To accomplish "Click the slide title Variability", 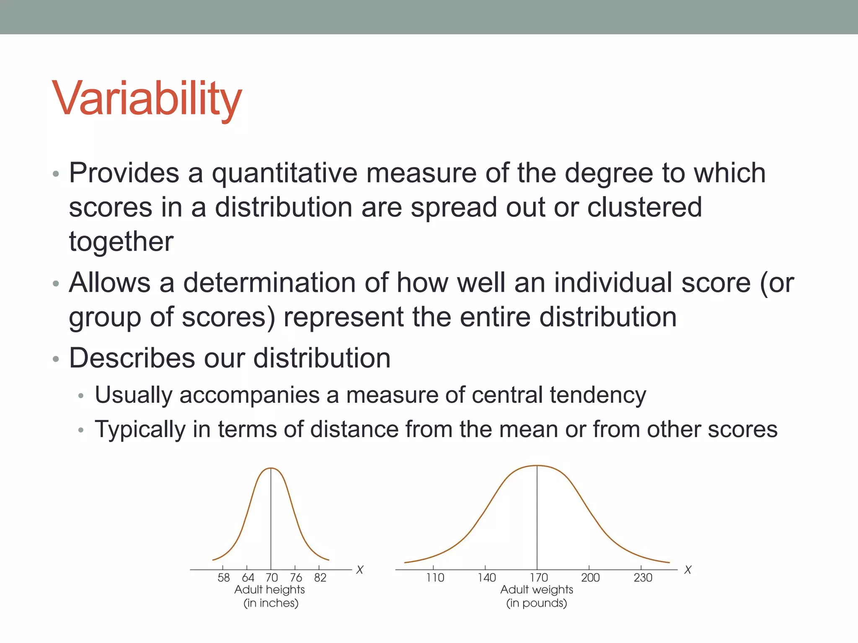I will click(147, 99).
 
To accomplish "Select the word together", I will click(121, 242).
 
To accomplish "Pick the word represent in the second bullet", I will click(344, 317).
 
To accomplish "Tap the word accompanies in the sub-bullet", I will click(250, 395).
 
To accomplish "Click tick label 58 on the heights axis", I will click(223, 578).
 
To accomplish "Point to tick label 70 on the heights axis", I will click(271, 578).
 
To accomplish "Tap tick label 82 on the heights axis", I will click(320, 578).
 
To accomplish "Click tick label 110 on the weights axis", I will click(435, 578).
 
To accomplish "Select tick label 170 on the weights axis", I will click(538, 578).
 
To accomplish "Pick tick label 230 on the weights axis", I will click(643, 578).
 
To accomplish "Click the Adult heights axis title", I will click(269, 590).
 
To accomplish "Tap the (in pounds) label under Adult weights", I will click(536, 603).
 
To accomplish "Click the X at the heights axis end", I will click(359, 570).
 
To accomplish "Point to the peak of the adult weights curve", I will click(537, 466).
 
